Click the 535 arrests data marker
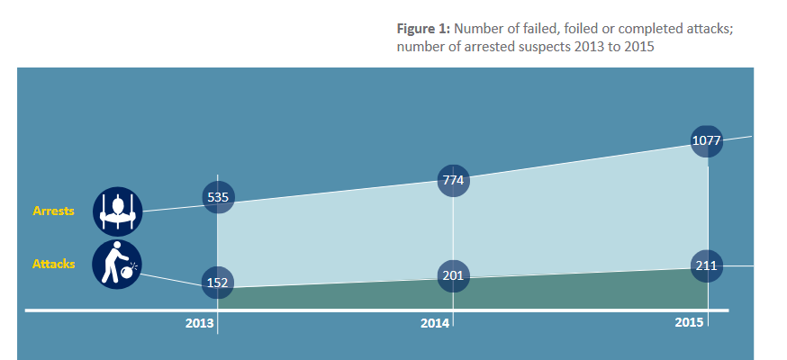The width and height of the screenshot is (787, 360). point(218,196)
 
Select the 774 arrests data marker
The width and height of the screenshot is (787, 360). point(453,180)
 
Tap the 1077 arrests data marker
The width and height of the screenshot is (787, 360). point(707,140)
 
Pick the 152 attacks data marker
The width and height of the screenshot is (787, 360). point(218,283)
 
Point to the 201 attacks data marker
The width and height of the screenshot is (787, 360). point(453,274)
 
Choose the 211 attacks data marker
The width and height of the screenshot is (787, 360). point(707,265)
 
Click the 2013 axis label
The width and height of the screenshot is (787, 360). point(199,323)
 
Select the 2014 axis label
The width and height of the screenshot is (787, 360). point(435,323)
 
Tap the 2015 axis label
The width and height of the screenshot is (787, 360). point(689,322)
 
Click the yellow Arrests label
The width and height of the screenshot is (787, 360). point(53,211)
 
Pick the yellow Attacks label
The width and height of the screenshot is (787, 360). point(53,264)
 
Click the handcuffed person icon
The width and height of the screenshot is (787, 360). point(118,211)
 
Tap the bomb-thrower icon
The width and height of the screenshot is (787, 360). point(117,264)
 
